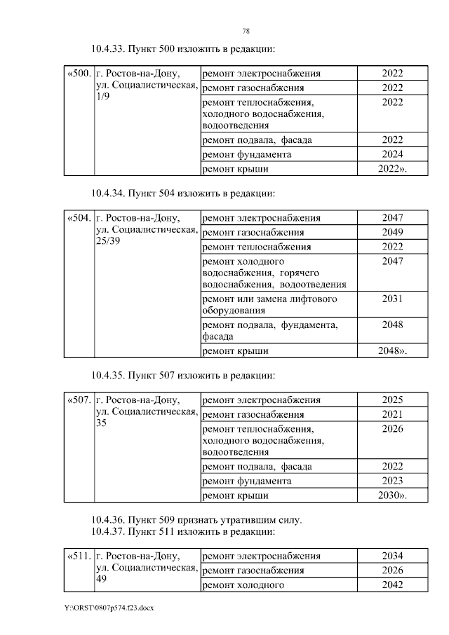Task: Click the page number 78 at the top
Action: pyautogui.click(x=246, y=31)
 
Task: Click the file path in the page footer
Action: pyautogui.click(x=109, y=608)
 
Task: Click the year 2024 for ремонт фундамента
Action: pyautogui.click(x=392, y=154)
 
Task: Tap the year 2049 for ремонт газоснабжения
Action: pyautogui.click(x=392, y=232)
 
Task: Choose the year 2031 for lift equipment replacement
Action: pyautogui.click(x=392, y=299)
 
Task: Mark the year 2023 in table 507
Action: pyautogui.click(x=392, y=481)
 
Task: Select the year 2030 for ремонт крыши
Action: pyautogui.click(x=392, y=496)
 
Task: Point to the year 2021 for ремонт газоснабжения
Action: pyautogui.click(x=392, y=414)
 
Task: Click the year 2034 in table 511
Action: pyautogui.click(x=392, y=556)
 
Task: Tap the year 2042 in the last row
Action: pyautogui.click(x=392, y=585)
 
